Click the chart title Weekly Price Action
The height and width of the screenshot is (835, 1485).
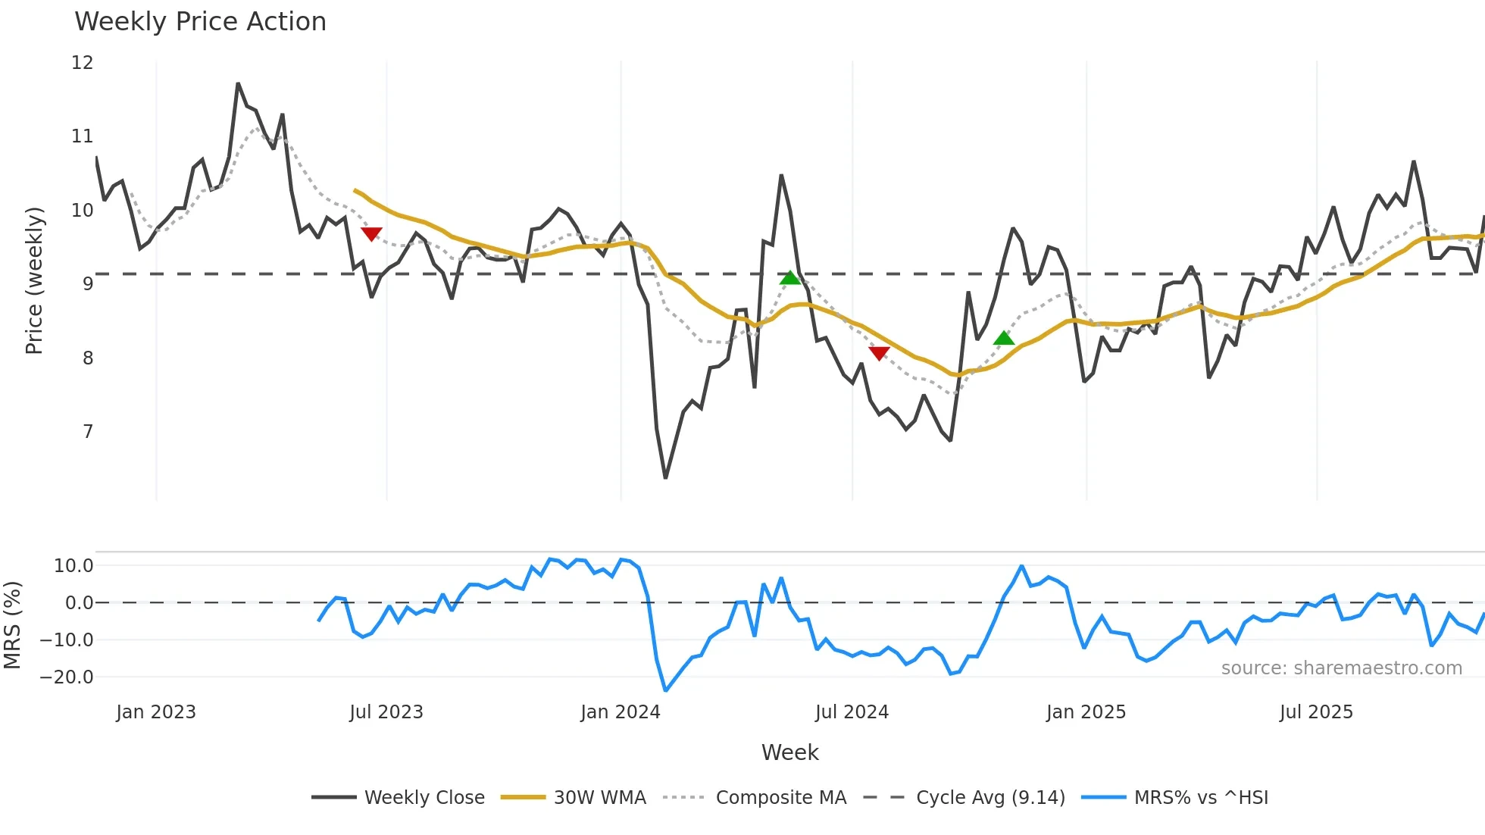200,22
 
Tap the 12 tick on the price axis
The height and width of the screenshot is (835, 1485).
83,63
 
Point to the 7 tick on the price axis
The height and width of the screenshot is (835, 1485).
88,432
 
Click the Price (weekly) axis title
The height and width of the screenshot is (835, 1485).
35,280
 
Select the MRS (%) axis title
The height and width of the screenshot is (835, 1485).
13,625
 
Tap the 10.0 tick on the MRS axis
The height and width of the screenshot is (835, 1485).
73,566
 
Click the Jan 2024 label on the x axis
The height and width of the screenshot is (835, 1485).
620,712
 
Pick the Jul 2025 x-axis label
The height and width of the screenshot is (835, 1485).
1316,712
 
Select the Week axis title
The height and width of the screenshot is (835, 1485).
789,752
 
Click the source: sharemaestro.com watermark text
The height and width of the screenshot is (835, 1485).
1341,668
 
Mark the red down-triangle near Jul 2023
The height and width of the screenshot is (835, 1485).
371,234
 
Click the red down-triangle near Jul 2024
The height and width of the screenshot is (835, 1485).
879,353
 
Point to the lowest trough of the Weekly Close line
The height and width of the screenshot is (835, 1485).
665,477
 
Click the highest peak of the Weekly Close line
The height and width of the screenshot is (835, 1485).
238,83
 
